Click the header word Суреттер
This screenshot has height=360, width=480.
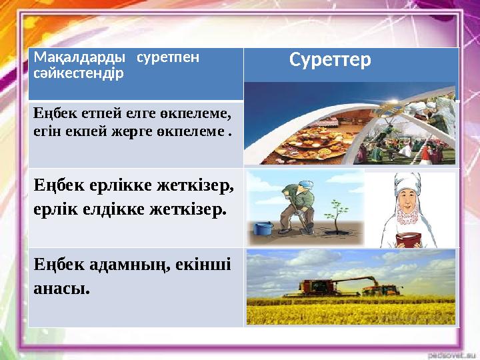pyautogui.click(x=330, y=61)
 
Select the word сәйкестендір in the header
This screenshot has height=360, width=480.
pyautogui.click(x=78, y=71)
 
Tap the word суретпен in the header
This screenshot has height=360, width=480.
pyautogui.click(x=167, y=57)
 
